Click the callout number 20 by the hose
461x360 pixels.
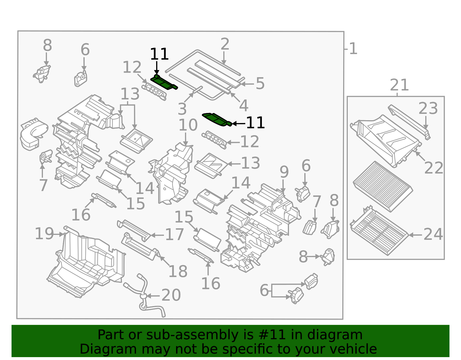click(171, 295)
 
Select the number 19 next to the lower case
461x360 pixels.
click(44, 234)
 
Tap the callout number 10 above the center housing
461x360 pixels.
click(188, 125)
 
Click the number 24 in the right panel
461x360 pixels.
click(433, 235)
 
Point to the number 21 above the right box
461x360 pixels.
click(399, 85)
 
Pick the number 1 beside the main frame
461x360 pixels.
click(353, 49)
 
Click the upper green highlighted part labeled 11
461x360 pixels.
click(163, 82)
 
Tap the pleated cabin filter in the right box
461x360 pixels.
click(383, 186)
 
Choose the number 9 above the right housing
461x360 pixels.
click(284, 172)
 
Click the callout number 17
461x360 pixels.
click(174, 235)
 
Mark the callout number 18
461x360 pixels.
click(178, 272)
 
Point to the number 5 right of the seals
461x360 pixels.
click(260, 84)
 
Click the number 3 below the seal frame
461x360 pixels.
click(182, 109)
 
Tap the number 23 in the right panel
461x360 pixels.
click(428, 109)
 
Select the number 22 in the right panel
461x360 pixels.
click(433, 168)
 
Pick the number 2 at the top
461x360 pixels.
click(225, 44)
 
